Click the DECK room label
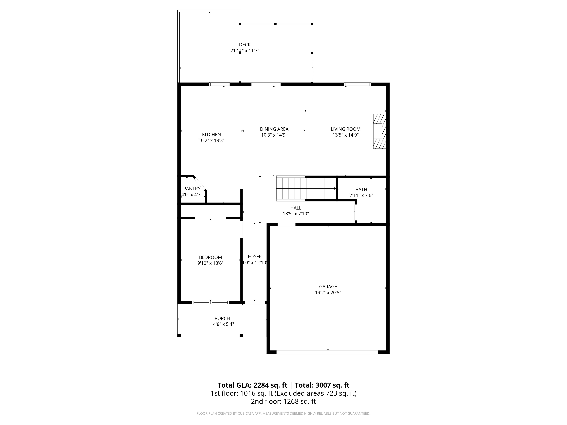tap(245, 45)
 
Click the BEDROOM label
tap(210, 257)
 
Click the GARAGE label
tap(328, 287)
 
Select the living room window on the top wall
tap(357, 84)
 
